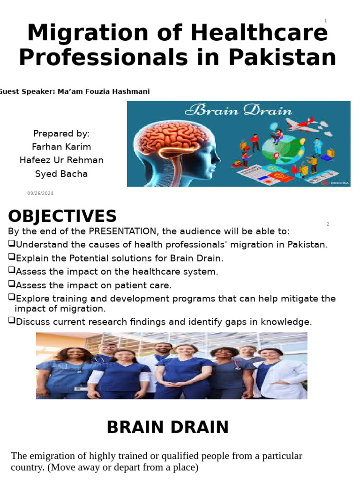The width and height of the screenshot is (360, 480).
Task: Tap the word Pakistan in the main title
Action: (282, 57)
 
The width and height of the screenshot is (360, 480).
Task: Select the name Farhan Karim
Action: (61, 147)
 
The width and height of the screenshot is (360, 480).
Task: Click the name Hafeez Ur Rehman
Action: (61, 160)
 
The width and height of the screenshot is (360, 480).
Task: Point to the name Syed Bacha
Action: (61, 174)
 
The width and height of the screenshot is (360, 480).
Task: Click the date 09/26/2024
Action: (40, 193)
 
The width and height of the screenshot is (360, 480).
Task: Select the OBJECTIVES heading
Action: (62, 217)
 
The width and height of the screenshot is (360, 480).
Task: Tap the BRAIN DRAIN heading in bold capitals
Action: (167, 427)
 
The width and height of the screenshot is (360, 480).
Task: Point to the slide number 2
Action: (328, 224)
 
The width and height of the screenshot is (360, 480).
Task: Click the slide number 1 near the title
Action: (325, 21)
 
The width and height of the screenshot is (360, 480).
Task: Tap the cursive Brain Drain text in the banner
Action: (238, 111)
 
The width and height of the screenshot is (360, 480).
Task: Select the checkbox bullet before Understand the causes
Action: (12, 244)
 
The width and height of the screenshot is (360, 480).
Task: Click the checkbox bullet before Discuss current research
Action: (12, 321)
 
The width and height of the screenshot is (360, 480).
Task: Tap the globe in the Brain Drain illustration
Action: (281, 150)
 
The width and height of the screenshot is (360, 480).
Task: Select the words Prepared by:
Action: (61, 133)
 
